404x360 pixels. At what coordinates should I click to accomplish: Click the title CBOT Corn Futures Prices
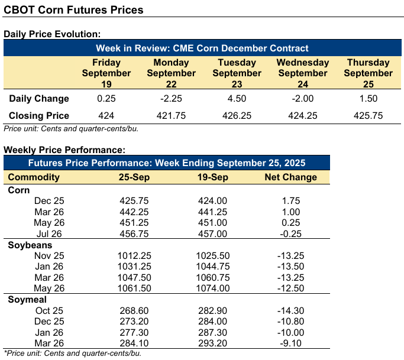[73, 11]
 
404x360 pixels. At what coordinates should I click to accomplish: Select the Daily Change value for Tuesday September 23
[237, 99]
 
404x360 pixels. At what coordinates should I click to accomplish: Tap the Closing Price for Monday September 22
[171, 116]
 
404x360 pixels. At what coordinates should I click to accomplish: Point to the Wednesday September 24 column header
[303, 73]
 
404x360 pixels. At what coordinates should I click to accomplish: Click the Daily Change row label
[38, 99]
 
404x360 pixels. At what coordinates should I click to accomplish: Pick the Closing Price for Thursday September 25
[368, 116]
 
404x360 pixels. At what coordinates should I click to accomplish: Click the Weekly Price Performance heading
[64, 150]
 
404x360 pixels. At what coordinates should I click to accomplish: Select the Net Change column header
[290, 177]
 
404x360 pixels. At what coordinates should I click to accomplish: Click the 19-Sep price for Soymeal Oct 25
[212, 310]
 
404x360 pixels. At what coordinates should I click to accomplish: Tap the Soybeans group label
[30, 245]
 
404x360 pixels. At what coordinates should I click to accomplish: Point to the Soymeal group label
[28, 300]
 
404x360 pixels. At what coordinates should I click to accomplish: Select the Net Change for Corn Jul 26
[290, 234]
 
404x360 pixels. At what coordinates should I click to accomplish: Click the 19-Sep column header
[212, 177]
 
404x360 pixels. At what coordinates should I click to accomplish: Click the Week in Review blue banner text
[203, 48]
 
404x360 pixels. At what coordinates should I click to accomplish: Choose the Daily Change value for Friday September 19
[106, 99]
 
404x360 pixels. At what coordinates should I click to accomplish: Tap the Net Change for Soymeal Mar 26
[290, 343]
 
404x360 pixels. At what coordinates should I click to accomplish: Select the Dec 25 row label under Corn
[50, 201]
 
